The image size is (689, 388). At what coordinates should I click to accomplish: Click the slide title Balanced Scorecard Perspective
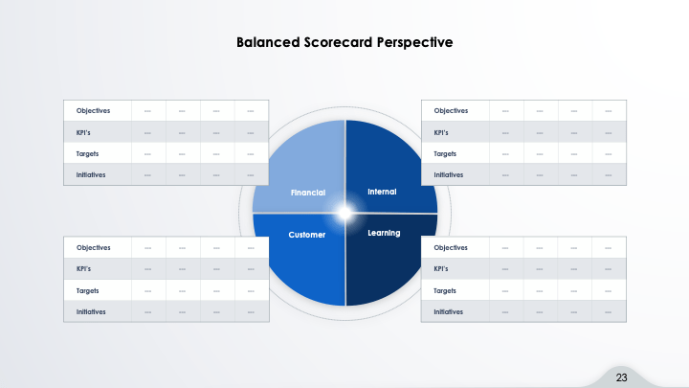pyautogui.click(x=344, y=42)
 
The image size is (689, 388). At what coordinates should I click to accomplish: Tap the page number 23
pyautogui.click(x=621, y=377)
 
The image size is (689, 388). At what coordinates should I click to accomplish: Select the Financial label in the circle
pyautogui.click(x=308, y=193)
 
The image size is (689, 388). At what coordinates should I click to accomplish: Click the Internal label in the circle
pyautogui.click(x=382, y=192)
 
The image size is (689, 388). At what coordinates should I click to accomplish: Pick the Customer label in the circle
pyautogui.click(x=307, y=235)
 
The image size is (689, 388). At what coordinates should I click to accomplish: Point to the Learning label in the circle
pyautogui.click(x=384, y=233)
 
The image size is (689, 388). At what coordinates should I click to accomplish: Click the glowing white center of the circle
pyautogui.click(x=344, y=213)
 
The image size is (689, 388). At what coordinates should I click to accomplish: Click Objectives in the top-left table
pyautogui.click(x=93, y=110)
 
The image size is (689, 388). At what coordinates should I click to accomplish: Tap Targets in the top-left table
pyautogui.click(x=88, y=153)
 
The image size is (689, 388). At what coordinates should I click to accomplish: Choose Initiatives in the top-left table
pyautogui.click(x=91, y=174)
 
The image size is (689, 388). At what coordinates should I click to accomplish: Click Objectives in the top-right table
pyautogui.click(x=451, y=110)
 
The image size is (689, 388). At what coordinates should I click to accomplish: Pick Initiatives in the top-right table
pyautogui.click(x=449, y=174)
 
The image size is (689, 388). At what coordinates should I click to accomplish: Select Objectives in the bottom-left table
pyautogui.click(x=93, y=247)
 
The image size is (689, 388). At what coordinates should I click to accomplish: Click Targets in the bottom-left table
pyautogui.click(x=88, y=290)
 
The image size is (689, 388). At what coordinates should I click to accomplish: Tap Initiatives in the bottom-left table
pyautogui.click(x=91, y=311)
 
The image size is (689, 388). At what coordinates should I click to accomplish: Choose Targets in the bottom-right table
pyautogui.click(x=446, y=290)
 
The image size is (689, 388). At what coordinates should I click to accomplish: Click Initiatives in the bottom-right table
pyautogui.click(x=449, y=311)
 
